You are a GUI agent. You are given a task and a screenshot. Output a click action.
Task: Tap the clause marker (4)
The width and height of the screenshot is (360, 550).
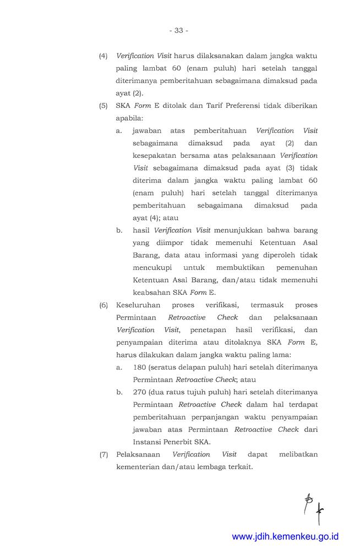point(103,56)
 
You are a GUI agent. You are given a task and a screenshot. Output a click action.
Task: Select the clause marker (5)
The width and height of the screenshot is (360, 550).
point(103,106)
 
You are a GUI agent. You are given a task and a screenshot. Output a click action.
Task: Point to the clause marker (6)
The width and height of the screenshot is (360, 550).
point(103,305)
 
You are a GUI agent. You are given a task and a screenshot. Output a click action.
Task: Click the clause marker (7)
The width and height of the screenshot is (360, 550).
point(103,454)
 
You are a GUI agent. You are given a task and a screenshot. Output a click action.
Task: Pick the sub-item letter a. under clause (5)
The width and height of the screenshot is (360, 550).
point(119,131)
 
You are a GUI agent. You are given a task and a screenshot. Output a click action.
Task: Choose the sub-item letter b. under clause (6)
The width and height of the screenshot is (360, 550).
point(119,392)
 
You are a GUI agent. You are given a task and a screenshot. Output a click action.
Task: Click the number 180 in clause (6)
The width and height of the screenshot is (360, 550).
point(140,367)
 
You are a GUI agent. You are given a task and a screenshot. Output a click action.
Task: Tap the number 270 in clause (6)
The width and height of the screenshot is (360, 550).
point(140,392)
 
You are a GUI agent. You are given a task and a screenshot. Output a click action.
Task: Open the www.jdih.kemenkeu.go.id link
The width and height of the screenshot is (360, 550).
point(285,537)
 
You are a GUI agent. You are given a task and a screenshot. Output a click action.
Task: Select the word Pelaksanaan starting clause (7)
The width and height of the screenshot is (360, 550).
point(138,454)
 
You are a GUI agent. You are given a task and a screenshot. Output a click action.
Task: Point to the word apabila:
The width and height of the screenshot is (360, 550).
point(129,118)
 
